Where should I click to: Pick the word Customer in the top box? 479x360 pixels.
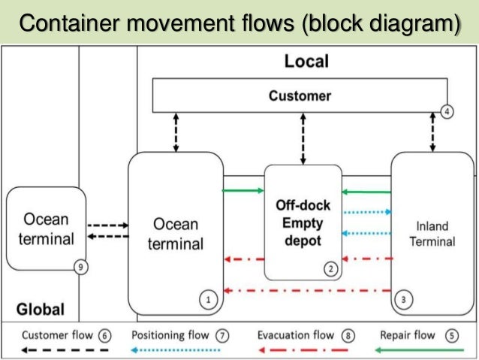(300, 96)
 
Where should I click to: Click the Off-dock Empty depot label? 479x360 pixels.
(303, 222)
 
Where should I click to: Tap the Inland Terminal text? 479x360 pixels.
(435, 233)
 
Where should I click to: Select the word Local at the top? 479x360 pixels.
(306, 62)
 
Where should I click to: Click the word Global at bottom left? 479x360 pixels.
(41, 309)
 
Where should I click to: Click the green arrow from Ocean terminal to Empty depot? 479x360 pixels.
(243, 191)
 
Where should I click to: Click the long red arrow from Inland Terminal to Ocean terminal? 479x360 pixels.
(307, 290)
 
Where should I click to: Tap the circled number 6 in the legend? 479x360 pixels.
(104, 336)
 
